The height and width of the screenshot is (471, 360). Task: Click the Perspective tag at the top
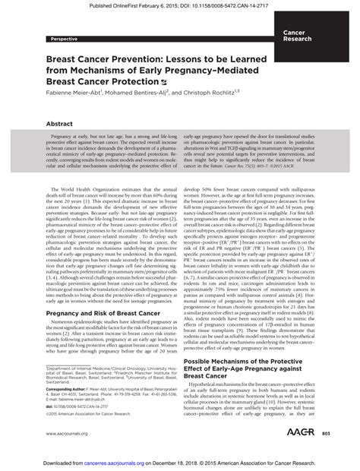click(x=64, y=37)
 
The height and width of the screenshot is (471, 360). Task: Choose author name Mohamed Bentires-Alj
click(x=157, y=92)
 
